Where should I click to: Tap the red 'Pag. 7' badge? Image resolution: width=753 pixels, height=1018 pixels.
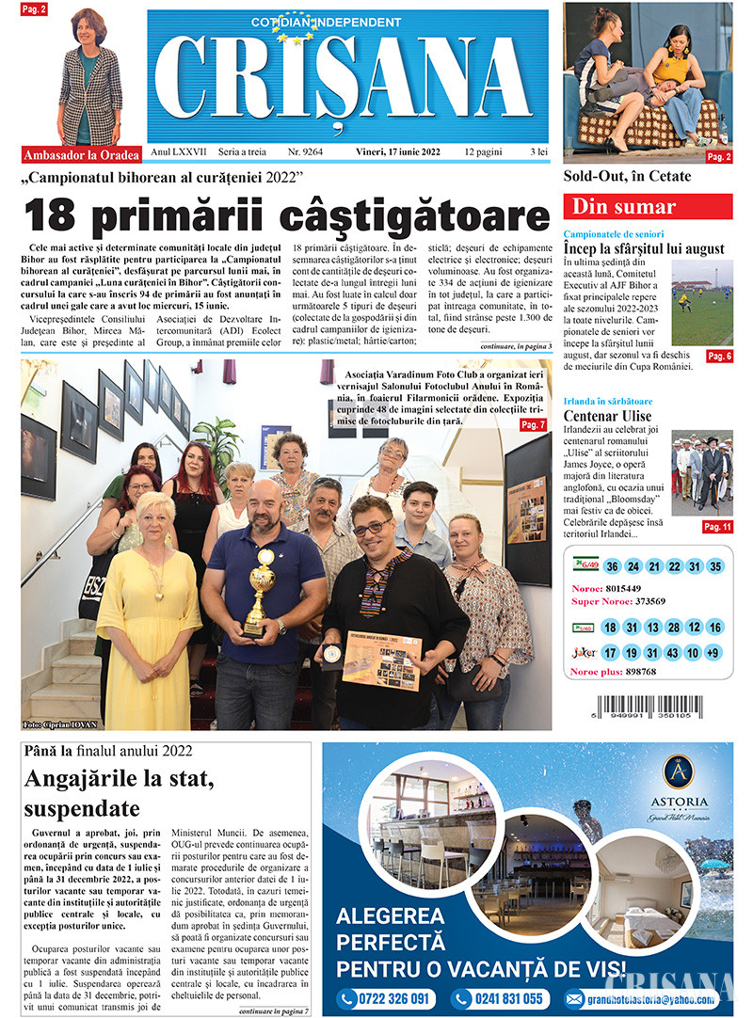pos(532,425)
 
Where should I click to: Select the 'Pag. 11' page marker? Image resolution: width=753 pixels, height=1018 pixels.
pos(717,527)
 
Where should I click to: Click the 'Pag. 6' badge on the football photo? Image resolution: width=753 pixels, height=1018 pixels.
pos(719,357)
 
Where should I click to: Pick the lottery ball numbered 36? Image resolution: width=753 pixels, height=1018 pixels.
pos(612,566)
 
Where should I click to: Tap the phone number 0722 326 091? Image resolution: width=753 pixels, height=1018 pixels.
pos(385,999)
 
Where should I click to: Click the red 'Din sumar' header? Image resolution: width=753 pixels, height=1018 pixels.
pos(648,207)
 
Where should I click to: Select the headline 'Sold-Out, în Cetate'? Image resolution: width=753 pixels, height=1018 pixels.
pos(627,176)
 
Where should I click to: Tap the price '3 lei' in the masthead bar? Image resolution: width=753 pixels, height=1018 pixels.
pos(538,151)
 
